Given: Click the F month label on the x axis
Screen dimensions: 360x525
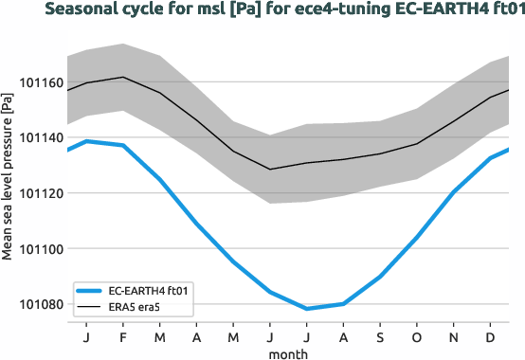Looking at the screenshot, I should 123,338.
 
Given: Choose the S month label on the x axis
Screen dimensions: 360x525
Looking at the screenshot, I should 380,338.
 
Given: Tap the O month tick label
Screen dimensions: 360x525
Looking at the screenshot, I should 416,338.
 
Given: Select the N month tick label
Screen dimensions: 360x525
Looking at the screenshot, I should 453,338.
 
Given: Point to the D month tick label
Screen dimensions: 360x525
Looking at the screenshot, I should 490,338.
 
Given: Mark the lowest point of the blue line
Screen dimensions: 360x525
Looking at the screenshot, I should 306,309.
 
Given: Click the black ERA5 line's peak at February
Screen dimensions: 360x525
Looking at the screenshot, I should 123,77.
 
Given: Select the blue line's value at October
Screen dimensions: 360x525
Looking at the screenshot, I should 416,237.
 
